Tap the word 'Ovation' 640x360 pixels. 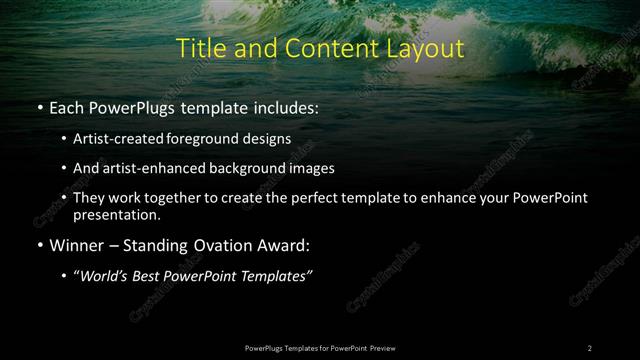231,245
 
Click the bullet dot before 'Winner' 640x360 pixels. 38,245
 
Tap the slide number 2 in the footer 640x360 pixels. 590,347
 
